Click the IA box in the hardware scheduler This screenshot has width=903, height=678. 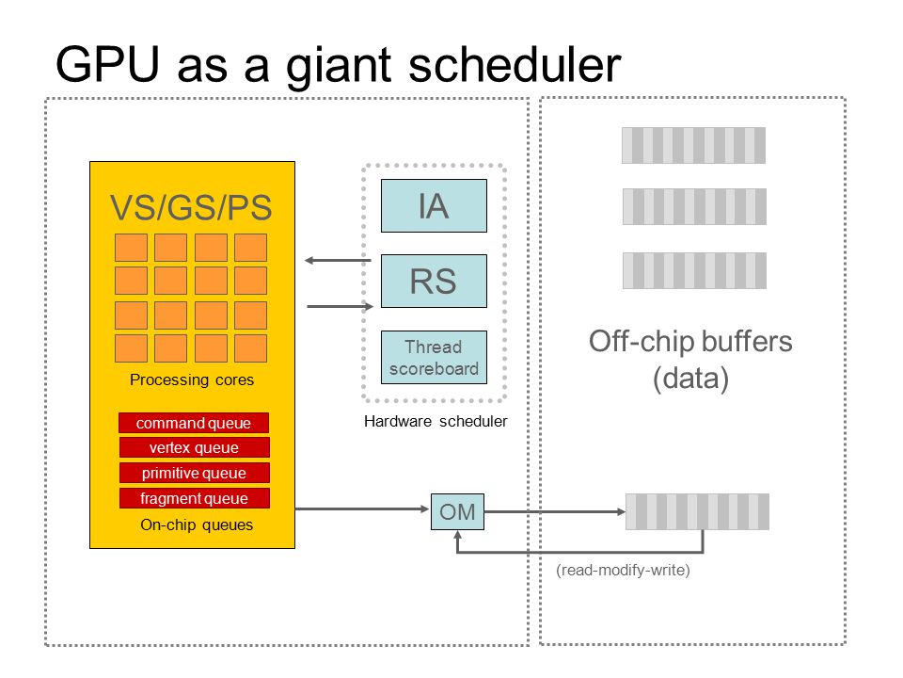tap(434, 206)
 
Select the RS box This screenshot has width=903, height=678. tap(434, 281)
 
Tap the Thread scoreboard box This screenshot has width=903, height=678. tap(434, 358)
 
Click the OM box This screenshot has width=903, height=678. tap(457, 511)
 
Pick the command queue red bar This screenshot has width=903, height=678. tap(194, 423)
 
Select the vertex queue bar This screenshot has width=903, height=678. tap(194, 447)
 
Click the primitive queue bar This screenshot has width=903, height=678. tap(194, 473)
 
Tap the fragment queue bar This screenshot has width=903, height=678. tap(194, 498)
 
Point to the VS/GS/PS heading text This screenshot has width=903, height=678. tap(191, 207)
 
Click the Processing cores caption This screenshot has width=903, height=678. tap(192, 379)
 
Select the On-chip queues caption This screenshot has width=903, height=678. tap(197, 525)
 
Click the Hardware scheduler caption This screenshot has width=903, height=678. tap(436, 422)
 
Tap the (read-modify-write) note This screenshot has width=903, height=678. tap(623, 571)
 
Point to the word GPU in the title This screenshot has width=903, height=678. tap(107, 64)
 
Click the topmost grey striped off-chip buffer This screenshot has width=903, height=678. tap(694, 145)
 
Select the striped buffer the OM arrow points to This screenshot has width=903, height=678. tap(697, 511)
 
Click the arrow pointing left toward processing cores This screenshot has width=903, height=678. tap(338, 261)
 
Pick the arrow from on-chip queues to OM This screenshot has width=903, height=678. tap(362, 509)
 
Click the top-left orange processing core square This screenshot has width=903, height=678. tap(132, 248)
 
